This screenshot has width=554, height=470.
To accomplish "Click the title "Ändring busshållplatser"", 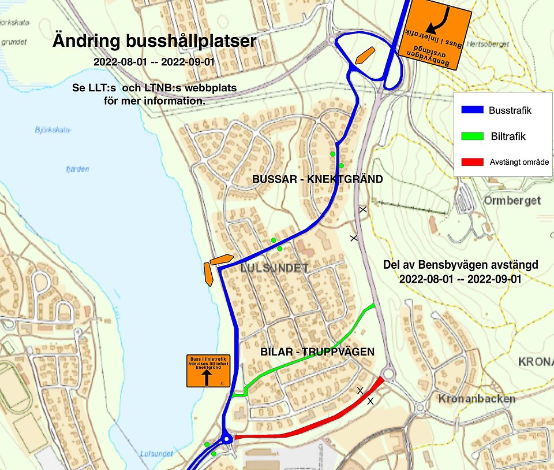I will (x=154, y=42).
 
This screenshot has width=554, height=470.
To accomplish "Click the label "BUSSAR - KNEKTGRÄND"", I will (x=317, y=179).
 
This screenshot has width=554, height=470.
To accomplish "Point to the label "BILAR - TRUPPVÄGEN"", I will (x=317, y=351).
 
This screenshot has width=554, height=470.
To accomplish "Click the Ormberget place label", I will (x=512, y=201).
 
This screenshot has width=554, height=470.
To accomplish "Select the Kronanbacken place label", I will (x=468, y=399).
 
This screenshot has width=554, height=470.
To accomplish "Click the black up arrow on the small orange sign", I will (x=207, y=378).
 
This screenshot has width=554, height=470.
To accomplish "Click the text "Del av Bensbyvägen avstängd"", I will (x=461, y=265).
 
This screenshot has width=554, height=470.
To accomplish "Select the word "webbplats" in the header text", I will (x=210, y=88).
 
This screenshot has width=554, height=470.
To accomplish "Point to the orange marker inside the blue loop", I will (x=364, y=55).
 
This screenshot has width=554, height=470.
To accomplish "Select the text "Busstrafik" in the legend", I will (x=510, y=110).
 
